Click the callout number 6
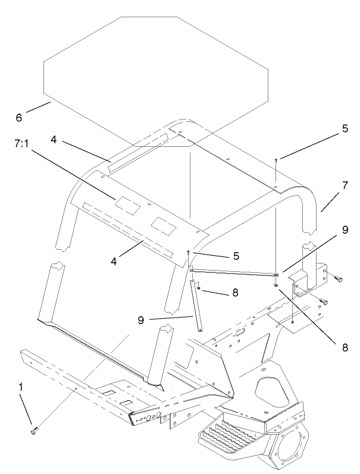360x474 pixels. tap(19, 118)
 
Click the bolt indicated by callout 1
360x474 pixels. tap(33, 429)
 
